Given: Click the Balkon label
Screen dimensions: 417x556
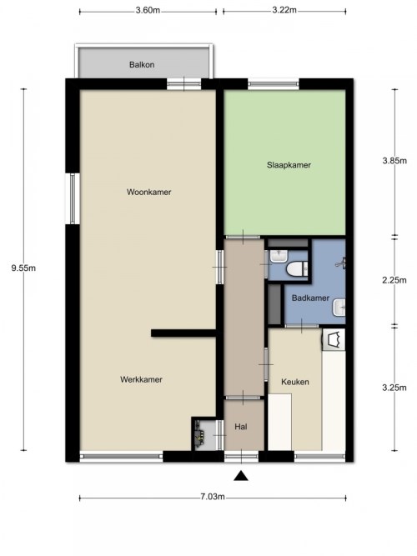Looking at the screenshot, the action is click(x=142, y=65).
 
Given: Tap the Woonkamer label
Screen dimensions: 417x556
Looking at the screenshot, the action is click(x=149, y=193).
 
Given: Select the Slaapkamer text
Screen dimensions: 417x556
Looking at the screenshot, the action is click(x=289, y=165).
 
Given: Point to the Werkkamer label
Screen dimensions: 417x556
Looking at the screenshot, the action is click(x=141, y=379).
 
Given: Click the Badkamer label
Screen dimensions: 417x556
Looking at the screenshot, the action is click(x=310, y=298).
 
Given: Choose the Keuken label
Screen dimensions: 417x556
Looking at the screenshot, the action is click(x=295, y=382).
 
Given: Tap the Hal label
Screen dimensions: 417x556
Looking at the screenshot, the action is click(x=241, y=427).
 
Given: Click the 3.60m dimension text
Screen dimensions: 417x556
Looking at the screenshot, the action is click(x=148, y=10).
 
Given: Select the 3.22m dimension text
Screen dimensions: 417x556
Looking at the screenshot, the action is click(x=284, y=10).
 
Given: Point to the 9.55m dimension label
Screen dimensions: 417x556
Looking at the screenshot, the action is click(x=23, y=268).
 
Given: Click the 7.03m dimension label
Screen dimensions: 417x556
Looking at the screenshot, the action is click(x=213, y=497).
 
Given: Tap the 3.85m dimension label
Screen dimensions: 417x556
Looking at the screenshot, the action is click(x=394, y=161).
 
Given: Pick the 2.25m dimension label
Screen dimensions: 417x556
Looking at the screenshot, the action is click(x=394, y=280).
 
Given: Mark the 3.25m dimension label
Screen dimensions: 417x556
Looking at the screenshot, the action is click(x=394, y=388).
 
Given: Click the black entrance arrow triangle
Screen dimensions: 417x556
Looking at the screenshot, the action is click(x=241, y=476).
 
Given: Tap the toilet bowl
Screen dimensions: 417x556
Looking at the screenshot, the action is click(x=296, y=268).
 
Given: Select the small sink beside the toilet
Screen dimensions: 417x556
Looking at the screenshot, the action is click(x=279, y=257).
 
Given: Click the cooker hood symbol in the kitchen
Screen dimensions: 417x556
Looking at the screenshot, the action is click(x=334, y=339).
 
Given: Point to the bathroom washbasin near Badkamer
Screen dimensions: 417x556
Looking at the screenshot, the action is click(x=339, y=308).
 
